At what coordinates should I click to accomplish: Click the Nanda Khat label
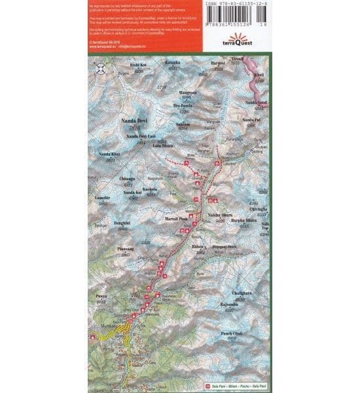tap(109, 155)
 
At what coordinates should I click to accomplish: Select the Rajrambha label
tap(233, 305)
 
